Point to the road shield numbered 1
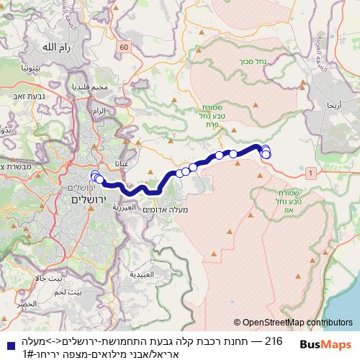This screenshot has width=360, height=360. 310,173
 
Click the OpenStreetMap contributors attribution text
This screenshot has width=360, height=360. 293,323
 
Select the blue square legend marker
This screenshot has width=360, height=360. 7,346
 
